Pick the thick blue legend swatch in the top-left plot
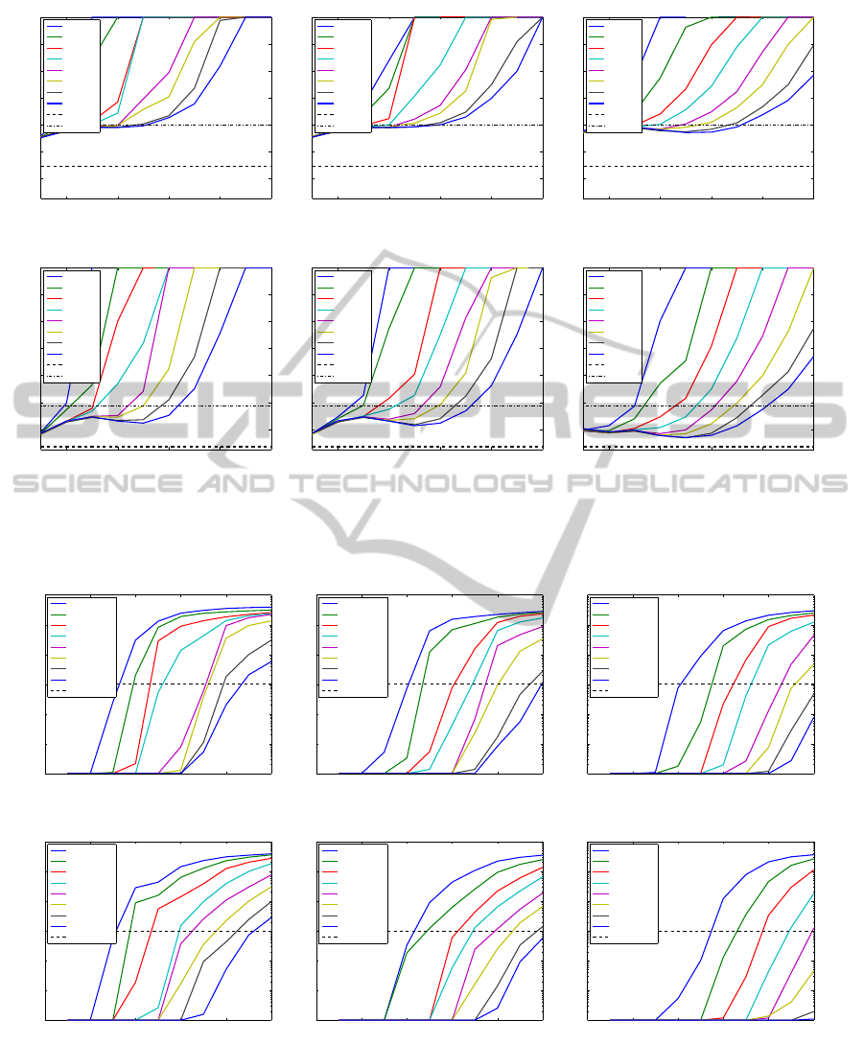point(55,103)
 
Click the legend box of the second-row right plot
point(614,325)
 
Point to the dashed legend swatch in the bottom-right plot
point(599,938)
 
